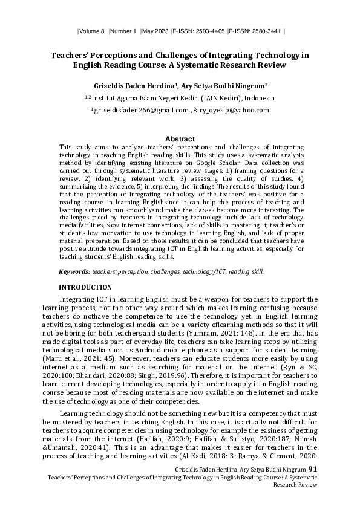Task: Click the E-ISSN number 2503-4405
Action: [x=209, y=30]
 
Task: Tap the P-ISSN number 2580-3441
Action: [x=267, y=30]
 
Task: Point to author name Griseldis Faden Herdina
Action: [x=133, y=85]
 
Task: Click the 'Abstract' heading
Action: [x=180, y=138]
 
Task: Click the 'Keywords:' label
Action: [x=80, y=272]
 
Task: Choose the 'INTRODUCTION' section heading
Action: [x=85, y=287]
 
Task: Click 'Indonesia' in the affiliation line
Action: [x=256, y=98]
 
